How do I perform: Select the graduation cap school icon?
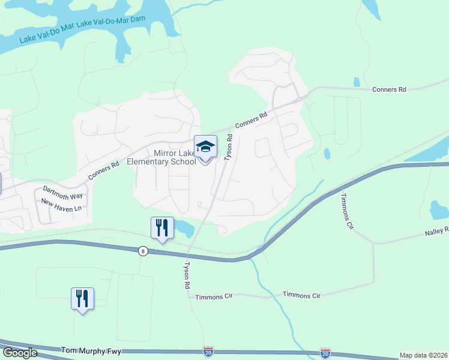pos(205,147)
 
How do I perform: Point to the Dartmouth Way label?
pos(62,192)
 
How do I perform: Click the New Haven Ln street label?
pos(61,206)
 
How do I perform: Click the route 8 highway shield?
pos(142,251)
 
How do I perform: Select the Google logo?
pos(20,353)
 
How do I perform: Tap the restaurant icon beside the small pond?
pos(161,228)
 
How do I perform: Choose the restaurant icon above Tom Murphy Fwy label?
pos(82,298)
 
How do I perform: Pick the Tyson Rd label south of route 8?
pos(187,275)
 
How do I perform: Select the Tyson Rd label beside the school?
pos(228,147)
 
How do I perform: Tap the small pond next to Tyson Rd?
pos(185,227)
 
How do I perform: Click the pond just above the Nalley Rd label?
pos(439,210)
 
